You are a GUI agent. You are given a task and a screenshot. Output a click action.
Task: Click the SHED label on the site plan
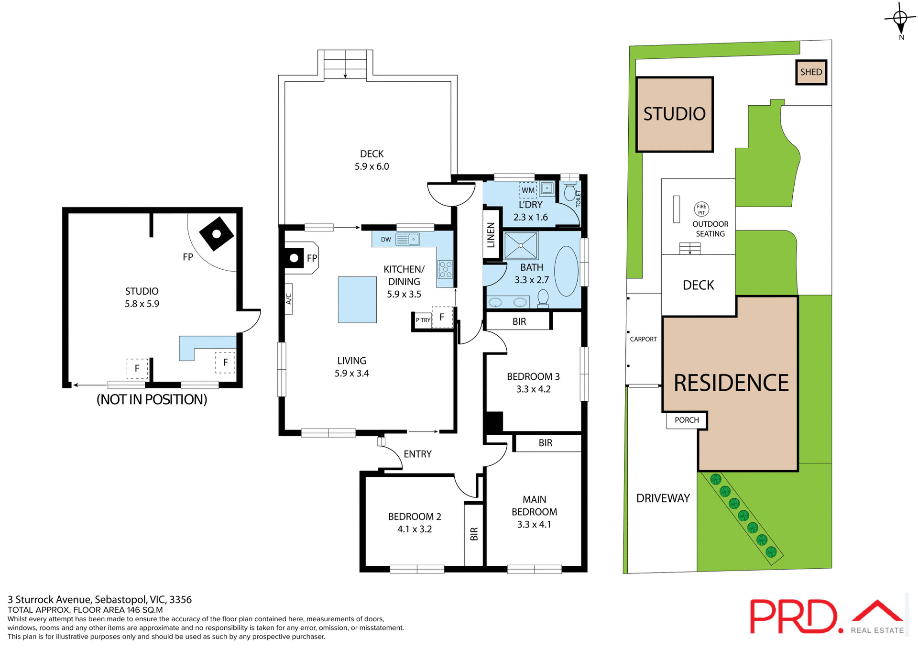(x=811, y=72)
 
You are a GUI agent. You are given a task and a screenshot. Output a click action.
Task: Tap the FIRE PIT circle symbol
(x=701, y=209)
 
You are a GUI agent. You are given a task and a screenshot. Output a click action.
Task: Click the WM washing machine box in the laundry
(x=528, y=190)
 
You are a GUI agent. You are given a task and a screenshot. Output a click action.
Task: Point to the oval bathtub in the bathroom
(x=566, y=271)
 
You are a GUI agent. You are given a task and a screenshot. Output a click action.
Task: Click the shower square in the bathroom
(x=521, y=245)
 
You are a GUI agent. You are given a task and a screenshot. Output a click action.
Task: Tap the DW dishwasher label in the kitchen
(x=386, y=240)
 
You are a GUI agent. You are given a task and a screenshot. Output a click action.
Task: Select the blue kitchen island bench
(x=357, y=299)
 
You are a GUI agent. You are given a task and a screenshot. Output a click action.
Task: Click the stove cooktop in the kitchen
(x=445, y=269)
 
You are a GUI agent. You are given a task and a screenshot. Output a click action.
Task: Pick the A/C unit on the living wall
(x=288, y=299)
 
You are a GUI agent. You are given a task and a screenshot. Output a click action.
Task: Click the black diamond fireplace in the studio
(x=217, y=234)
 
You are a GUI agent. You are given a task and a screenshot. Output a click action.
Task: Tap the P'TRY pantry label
(x=423, y=320)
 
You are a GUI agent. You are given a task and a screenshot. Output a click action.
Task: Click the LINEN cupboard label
(x=491, y=235)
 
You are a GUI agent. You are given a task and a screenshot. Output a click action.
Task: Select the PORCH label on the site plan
(x=687, y=420)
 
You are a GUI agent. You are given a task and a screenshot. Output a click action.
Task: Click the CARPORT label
(x=643, y=339)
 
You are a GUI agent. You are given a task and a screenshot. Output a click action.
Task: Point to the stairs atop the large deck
(x=345, y=64)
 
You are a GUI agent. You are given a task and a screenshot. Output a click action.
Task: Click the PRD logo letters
(x=793, y=617)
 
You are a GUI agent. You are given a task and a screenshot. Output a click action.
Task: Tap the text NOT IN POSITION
(x=152, y=399)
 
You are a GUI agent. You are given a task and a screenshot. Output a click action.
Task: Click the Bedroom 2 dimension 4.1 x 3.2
(x=415, y=529)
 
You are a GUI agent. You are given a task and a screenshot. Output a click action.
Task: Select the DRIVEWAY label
(x=663, y=498)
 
